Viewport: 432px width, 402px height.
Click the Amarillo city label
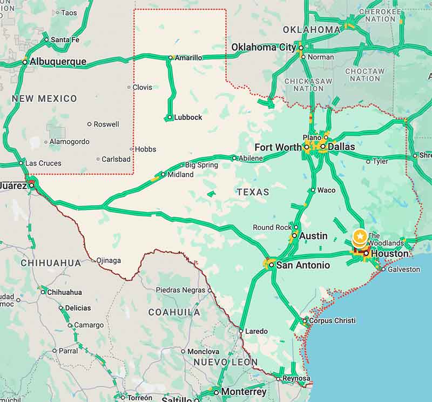point(188,57)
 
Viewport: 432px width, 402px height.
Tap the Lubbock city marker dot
point(170,117)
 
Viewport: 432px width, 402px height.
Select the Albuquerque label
point(58,62)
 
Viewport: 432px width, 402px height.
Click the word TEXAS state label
point(253,192)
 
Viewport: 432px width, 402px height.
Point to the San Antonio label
point(303,265)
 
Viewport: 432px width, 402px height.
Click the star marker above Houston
point(360,236)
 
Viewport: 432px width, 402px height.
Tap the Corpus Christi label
point(332,320)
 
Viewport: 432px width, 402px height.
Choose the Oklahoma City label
point(264,48)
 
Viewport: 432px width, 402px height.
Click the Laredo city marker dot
point(241,331)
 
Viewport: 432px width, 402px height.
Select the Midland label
point(180,175)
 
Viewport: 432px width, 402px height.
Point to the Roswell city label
point(106,124)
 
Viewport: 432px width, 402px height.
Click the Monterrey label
point(244,392)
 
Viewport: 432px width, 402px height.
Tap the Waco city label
point(326,190)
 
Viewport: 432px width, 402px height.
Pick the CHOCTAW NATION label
point(364,75)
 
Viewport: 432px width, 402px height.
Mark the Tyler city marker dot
point(368,161)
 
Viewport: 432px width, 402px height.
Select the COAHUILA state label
point(174,312)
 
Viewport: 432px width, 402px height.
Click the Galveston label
point(404,269)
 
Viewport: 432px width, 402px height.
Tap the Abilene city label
point(251,158)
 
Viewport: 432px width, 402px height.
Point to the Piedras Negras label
point(180,290)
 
